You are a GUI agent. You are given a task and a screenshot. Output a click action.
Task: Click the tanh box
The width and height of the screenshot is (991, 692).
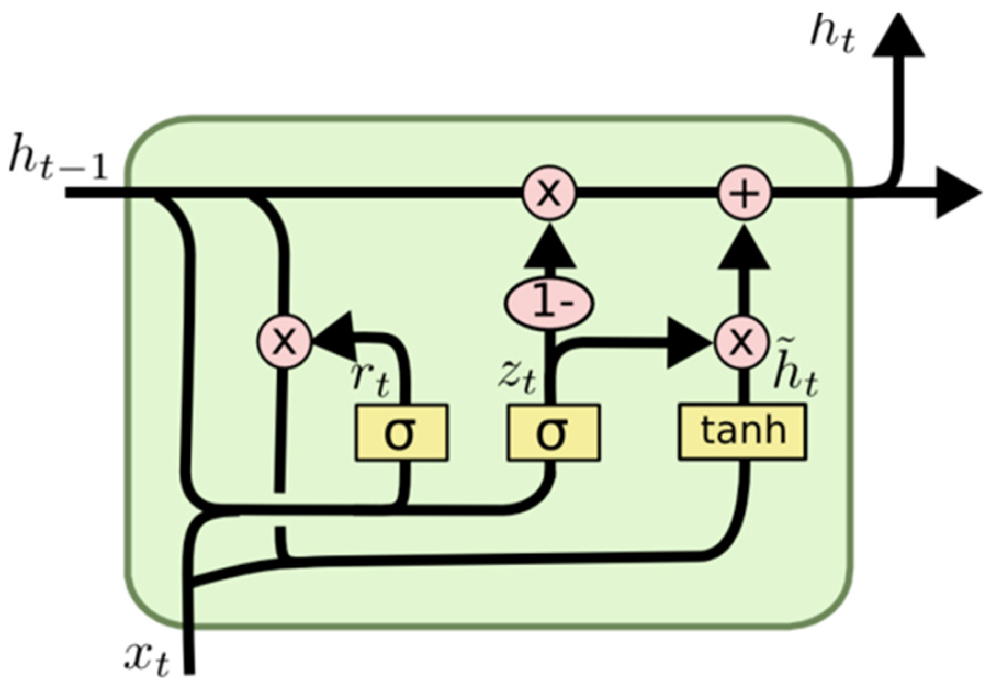point(742,432)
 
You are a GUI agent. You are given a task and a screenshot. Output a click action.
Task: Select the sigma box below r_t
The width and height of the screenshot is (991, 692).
point(402,433)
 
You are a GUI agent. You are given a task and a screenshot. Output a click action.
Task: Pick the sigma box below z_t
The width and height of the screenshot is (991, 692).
point(553,433)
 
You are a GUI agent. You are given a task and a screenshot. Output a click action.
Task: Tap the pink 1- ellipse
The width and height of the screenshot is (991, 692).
point(549,304)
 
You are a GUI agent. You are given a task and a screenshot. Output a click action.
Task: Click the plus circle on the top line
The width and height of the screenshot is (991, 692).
point(745,194)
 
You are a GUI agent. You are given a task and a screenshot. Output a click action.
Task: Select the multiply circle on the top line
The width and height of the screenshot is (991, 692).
point(549,194)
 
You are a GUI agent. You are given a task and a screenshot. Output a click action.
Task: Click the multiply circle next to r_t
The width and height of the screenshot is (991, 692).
point(284,342)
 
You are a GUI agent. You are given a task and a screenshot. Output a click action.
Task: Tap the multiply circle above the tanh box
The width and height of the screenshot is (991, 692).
point(741,342)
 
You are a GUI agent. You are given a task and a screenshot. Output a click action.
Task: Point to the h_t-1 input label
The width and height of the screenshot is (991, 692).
point(58,163)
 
